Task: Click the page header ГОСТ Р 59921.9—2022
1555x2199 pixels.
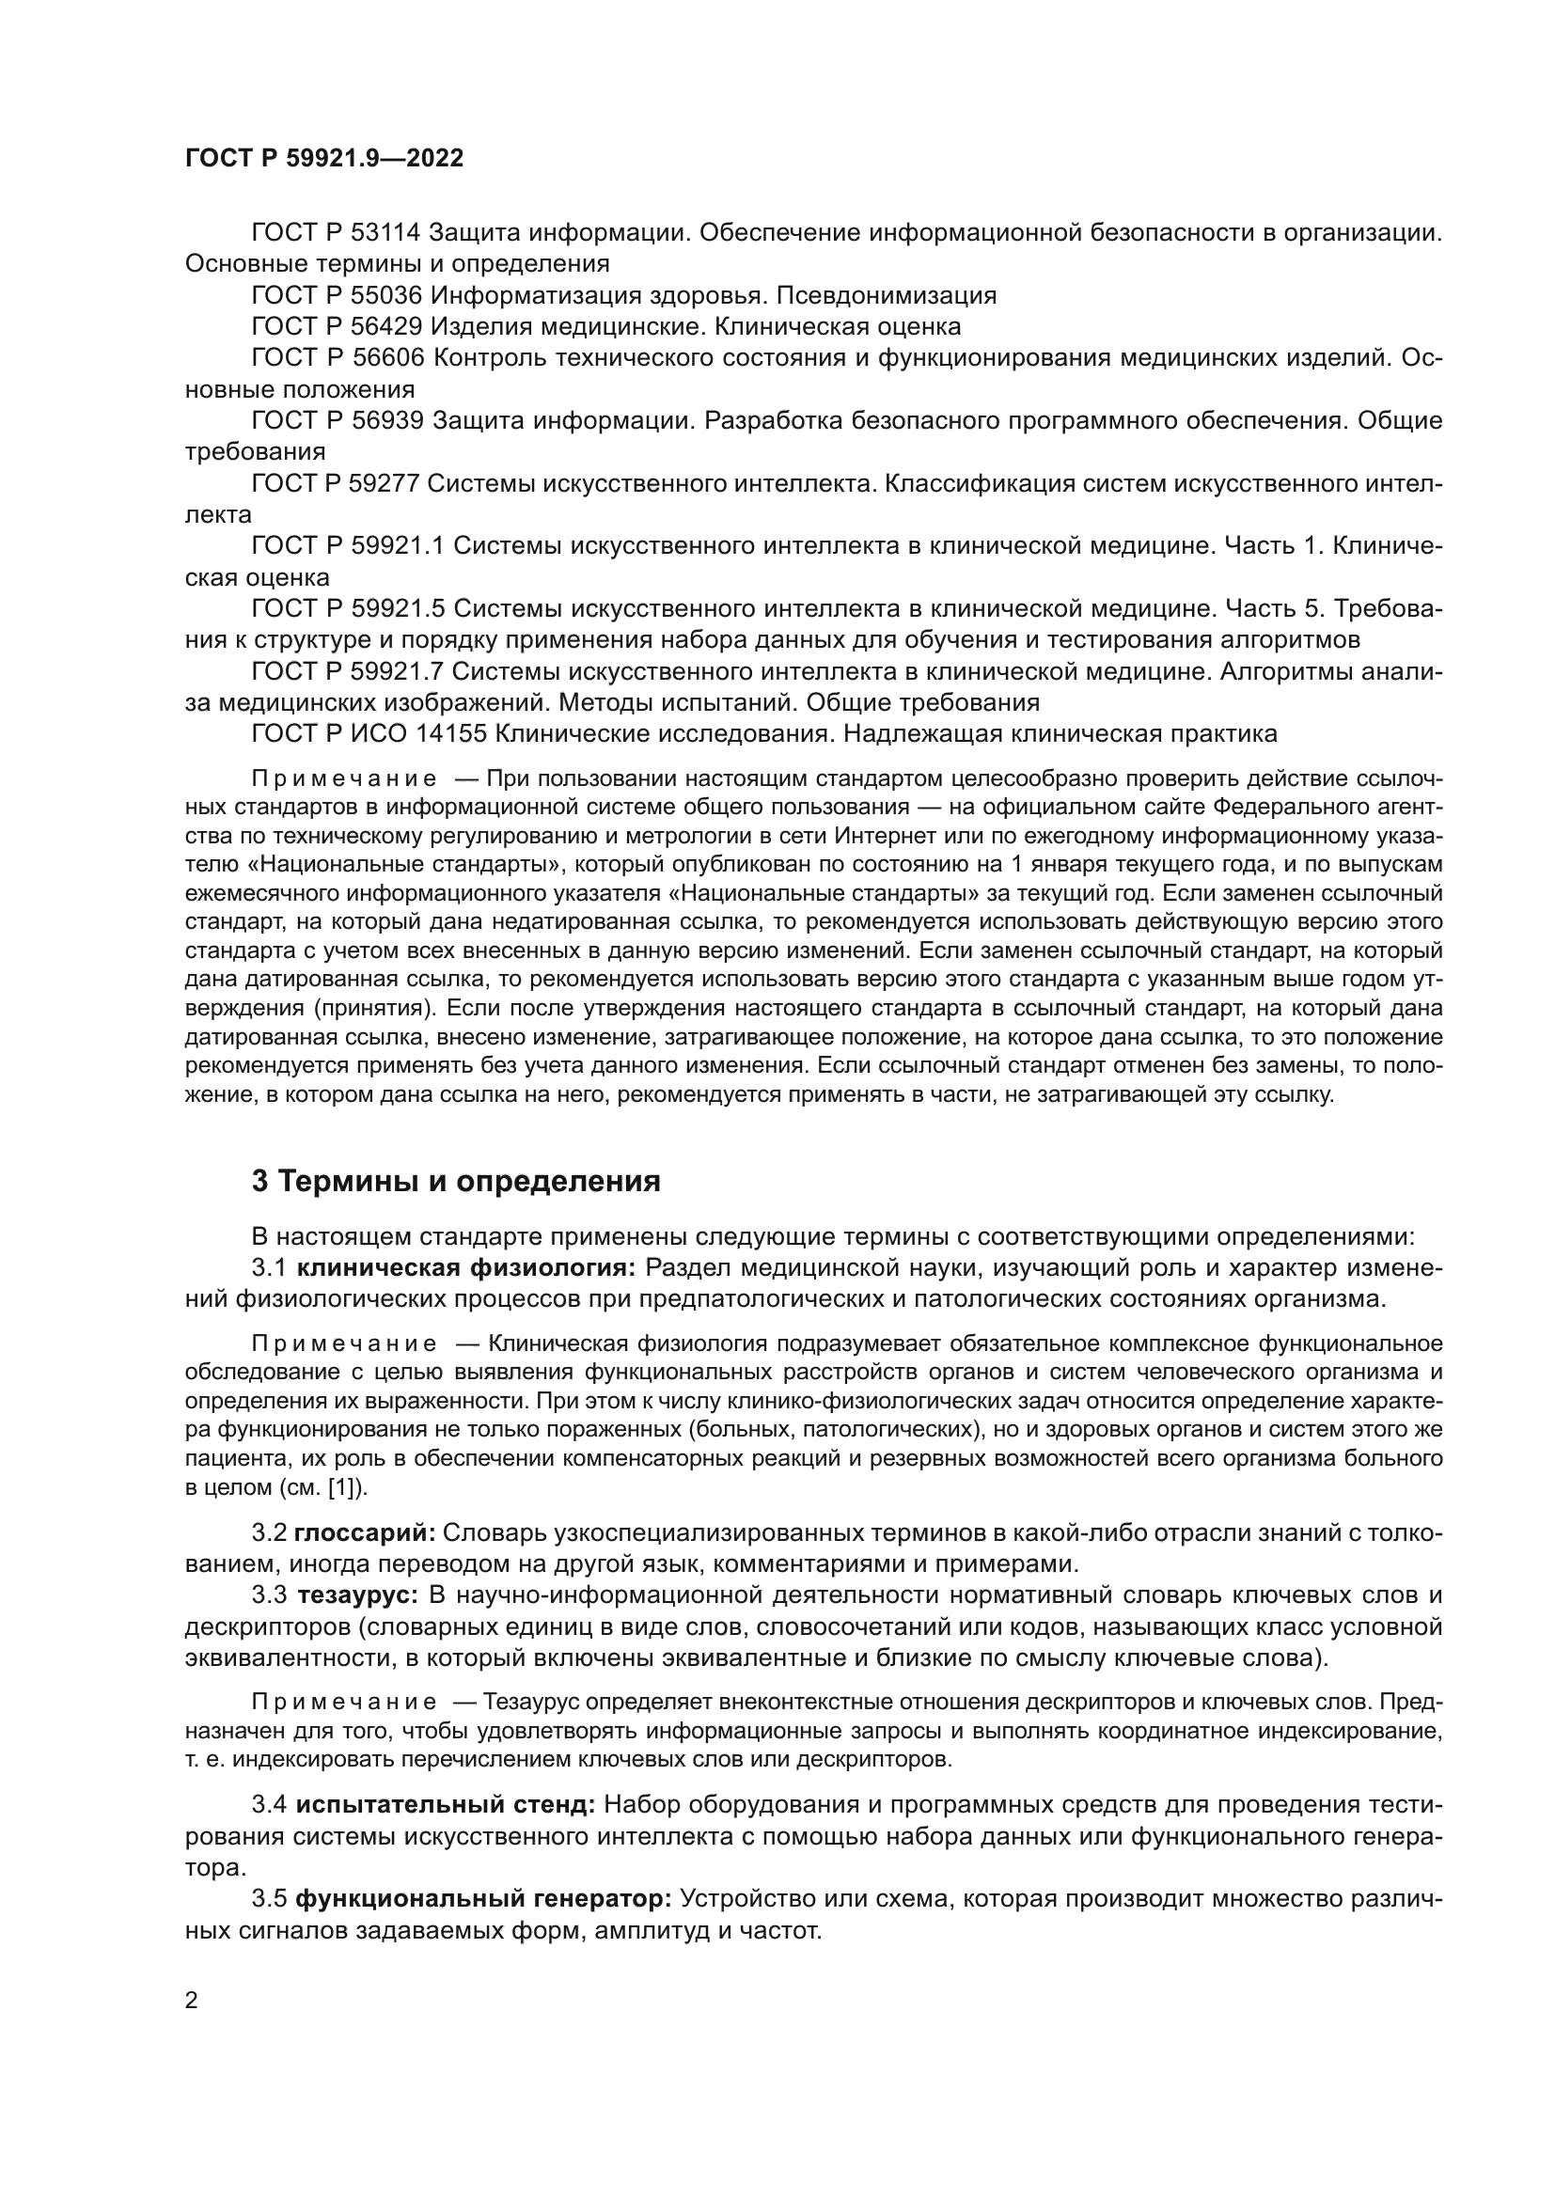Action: (x=323, y=159)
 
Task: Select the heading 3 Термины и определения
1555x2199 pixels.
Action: (x=456, y=1181)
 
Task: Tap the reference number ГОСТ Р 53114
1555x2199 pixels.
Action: (x=336, y=233)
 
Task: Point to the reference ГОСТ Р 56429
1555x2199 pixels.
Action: (x=336, y=326)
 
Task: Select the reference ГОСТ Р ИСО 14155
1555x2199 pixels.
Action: (x=369, y=734)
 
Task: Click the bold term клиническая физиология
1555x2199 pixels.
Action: (x=466, y=1268)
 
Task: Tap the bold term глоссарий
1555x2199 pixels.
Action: (x=365, y=1533)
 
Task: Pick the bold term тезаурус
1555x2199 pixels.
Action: (x=358, y=1595)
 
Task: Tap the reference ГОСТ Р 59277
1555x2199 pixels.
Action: (x=336, y=483)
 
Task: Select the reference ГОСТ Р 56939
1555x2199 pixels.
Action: (x=336, y=420)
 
